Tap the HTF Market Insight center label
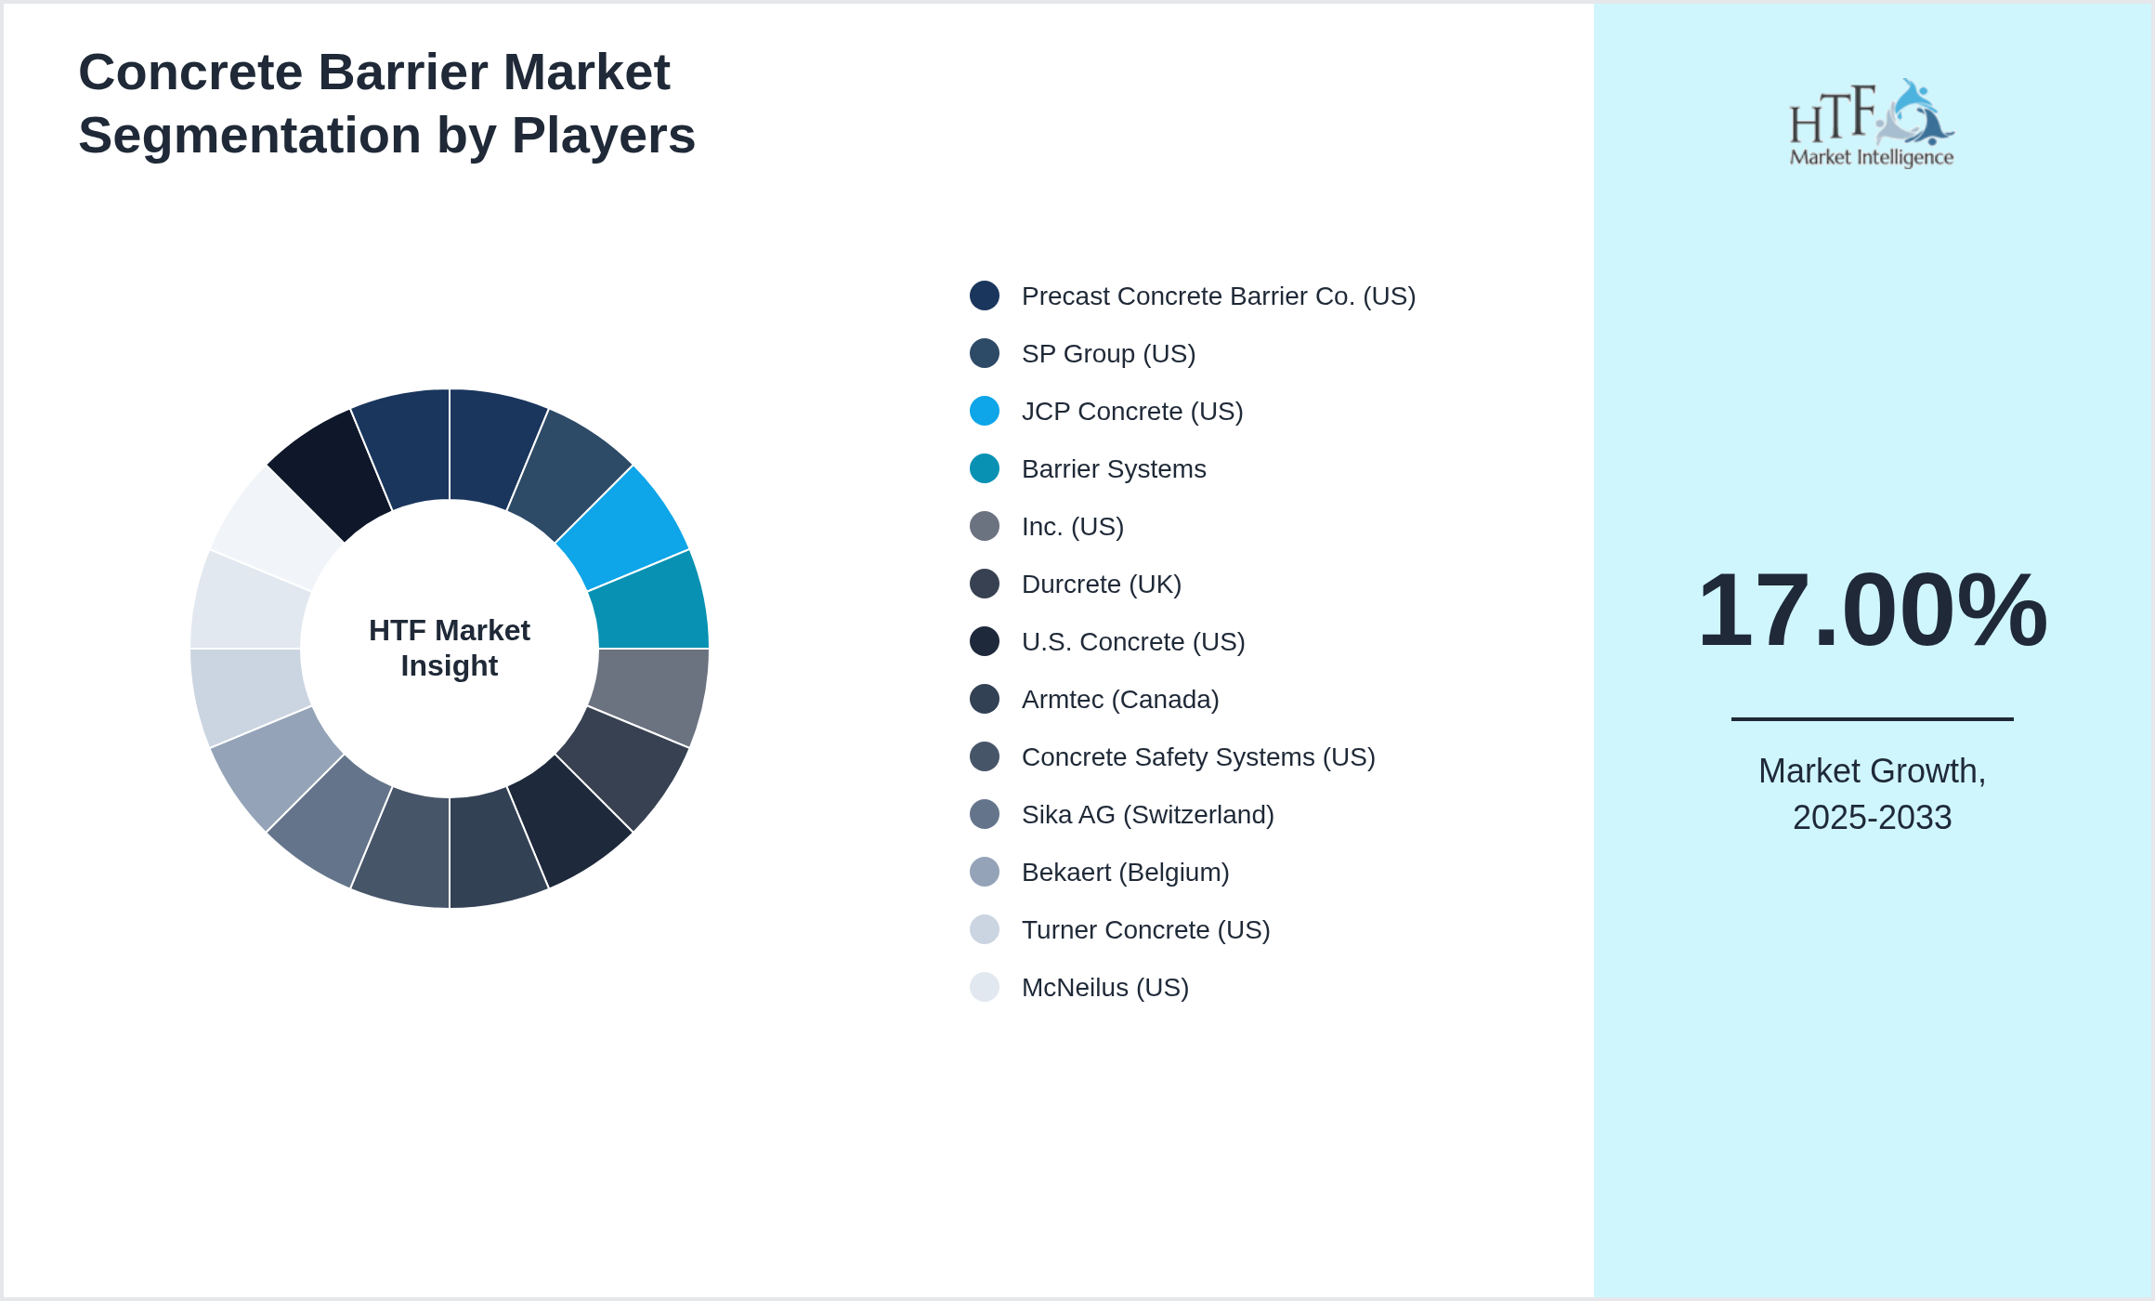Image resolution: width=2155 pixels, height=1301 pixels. coord(450,648)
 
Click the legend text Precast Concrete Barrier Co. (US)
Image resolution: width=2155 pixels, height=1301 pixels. coord(1218,296)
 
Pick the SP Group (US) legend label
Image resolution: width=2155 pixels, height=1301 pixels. coord(1108,354)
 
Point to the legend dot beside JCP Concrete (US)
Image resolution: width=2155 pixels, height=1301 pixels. coord(985,411)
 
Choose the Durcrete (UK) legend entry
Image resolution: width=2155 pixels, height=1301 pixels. coord(1101,585)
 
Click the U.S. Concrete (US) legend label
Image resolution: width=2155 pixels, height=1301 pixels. coord(1132,642)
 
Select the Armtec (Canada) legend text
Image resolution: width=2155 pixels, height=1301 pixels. coord(1119,700)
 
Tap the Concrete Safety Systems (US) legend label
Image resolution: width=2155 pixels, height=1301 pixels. coord(1197,757)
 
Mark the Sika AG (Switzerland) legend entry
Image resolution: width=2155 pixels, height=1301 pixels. coord(1147,815)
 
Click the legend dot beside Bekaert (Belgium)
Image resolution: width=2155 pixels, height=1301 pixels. coord(985,872)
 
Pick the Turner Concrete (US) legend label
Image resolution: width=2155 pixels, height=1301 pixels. coord(1145,930)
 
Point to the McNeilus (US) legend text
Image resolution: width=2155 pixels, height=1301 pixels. coord(1104,988)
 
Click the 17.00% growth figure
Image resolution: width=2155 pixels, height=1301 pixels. coord(1872,611)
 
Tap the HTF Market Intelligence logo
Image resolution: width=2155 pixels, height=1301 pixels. coord(1872,124)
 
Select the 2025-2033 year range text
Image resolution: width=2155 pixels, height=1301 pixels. coord(1872,818)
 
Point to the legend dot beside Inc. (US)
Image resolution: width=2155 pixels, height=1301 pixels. coord(985,526)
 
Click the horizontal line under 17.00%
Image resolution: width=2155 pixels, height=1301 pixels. coord(1872,718)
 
